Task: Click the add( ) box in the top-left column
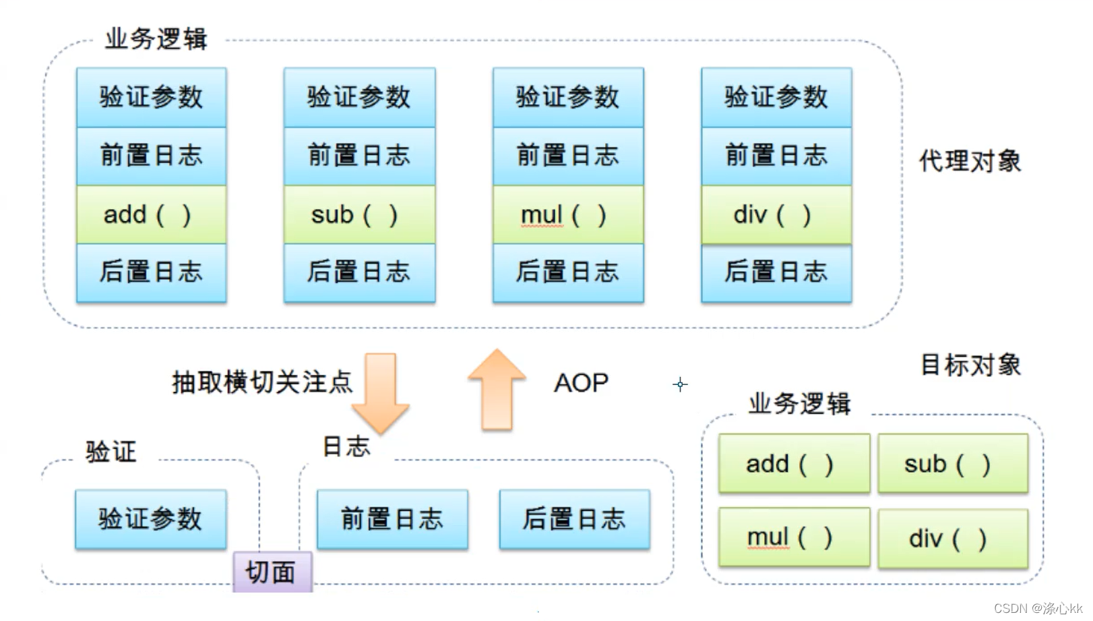[x=151, y=214]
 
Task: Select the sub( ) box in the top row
[x=359, y=214]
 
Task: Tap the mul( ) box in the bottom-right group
[x=794, y=537]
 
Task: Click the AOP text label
[x=581, y=383]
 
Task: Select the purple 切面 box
[x=272, y=572]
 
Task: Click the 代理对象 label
[x=970, y=161]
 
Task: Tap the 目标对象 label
[x=970, y=365]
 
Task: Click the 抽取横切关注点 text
[x=262, y=382]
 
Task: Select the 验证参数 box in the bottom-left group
[x=150, y=519]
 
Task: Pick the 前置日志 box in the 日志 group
[x=392, y=519]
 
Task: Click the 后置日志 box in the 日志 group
[x=574, y=519]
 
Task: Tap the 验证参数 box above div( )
[x=776, y=97]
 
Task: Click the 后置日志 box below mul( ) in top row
[x=568, y=272]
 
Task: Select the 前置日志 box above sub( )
[x=359, y=156]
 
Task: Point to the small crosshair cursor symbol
[x=680, y=384]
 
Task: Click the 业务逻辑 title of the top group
[x=156, y=39]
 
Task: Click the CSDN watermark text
[x=1037, y=608]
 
